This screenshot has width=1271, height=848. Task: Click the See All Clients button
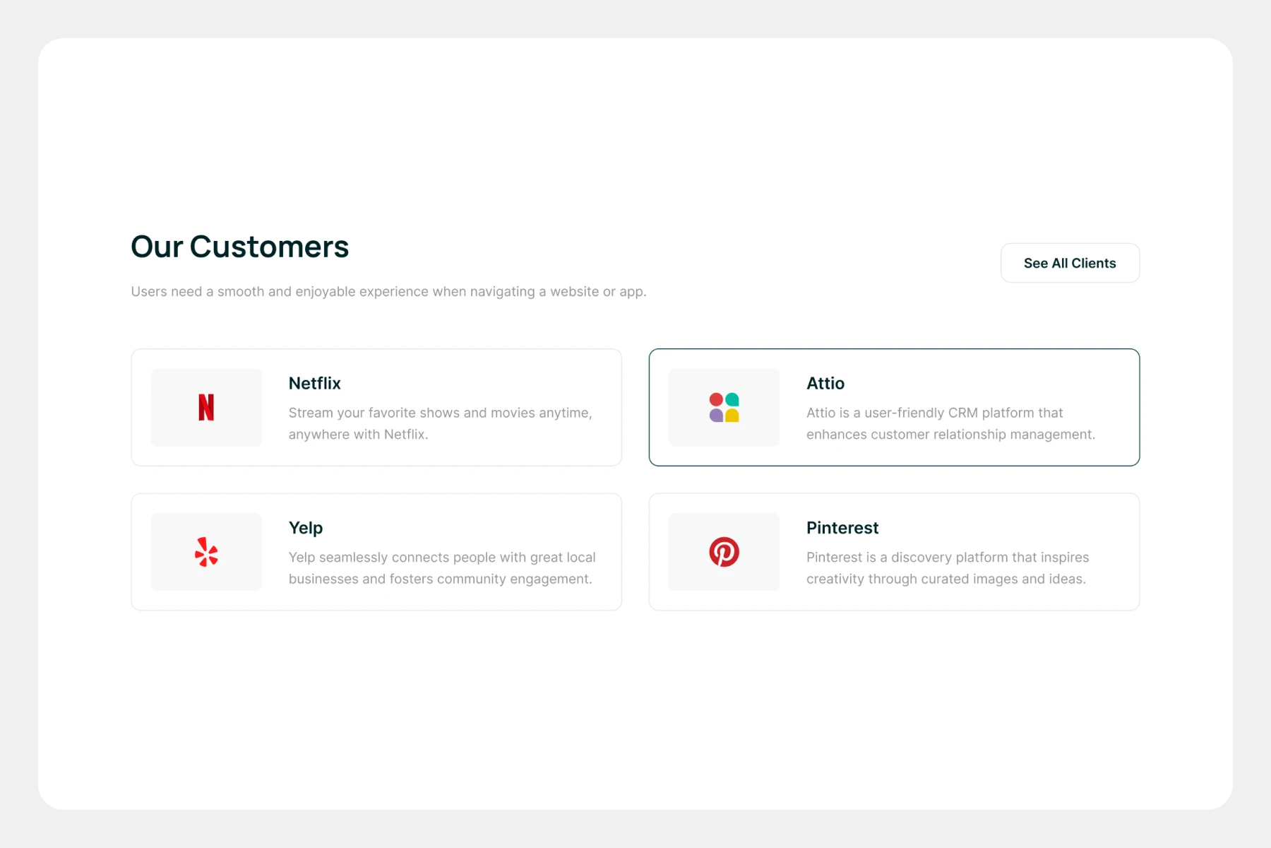point(1070,263)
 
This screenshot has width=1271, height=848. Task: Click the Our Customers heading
point(240,247)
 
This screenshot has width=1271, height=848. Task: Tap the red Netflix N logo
point(206,407)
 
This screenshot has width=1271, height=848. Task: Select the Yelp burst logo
point(206,552)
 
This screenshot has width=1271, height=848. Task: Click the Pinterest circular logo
point(724,552)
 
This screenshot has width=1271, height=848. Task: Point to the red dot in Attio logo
point(716,400)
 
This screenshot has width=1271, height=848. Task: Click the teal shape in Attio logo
point(732,400)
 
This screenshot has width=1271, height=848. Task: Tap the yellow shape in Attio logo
point(732,416)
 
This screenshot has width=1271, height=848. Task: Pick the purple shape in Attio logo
point(716,416)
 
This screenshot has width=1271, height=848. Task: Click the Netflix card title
point(315,383)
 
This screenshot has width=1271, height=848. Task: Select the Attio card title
point(825,383)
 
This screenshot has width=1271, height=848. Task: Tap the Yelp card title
point(306,528)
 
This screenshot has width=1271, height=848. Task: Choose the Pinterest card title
point(842,528)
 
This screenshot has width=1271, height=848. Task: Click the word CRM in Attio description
point(963,413)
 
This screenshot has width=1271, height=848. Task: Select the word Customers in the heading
point(269,247)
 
